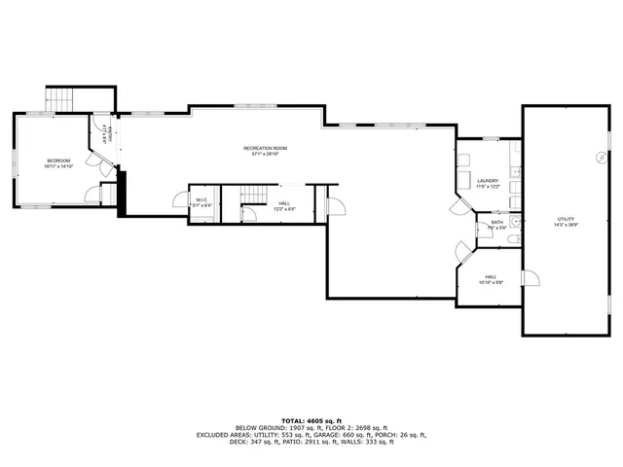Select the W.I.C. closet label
[x=200, y=200]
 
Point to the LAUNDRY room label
[x=488, y=180]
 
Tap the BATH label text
[x=496, y=223]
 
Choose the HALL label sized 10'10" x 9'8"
[x=491, y=276]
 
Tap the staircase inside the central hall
[x=253, y=197]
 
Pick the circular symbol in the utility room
[x=600, y=157]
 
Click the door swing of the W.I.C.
[x=179, y=200]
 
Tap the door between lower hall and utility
[x=531, y=279]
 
